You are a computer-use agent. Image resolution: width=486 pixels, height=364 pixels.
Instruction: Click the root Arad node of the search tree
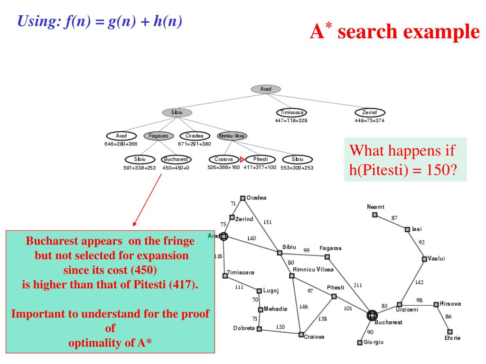point(266,89)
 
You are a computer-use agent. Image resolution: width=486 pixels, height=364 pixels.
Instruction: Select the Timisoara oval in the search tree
point(291,113)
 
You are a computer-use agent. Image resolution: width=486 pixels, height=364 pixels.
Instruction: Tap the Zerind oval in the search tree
point(370,113)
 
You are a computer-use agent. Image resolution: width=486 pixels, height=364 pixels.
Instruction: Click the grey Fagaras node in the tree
point(159,136)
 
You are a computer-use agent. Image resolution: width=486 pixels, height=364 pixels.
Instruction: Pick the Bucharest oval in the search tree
point(176,160)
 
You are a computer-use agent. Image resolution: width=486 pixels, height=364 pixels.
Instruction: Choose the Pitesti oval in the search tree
point(261,160)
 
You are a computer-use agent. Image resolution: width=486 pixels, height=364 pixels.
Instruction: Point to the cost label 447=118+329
point(291,121)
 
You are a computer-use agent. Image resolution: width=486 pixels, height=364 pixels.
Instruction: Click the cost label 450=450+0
point(176,168)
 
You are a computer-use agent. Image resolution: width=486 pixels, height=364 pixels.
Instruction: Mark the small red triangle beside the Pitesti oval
point(242,160)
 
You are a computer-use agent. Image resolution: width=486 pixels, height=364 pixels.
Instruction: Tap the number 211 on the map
point(357,285)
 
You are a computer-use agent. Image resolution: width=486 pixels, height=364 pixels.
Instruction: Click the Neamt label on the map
point(375,207)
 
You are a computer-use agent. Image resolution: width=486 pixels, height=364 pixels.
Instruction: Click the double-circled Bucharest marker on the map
point(372,315)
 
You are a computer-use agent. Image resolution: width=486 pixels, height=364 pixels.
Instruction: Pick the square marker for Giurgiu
point(360,342)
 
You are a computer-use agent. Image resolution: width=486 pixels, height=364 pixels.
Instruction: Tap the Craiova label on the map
point(314,337)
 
